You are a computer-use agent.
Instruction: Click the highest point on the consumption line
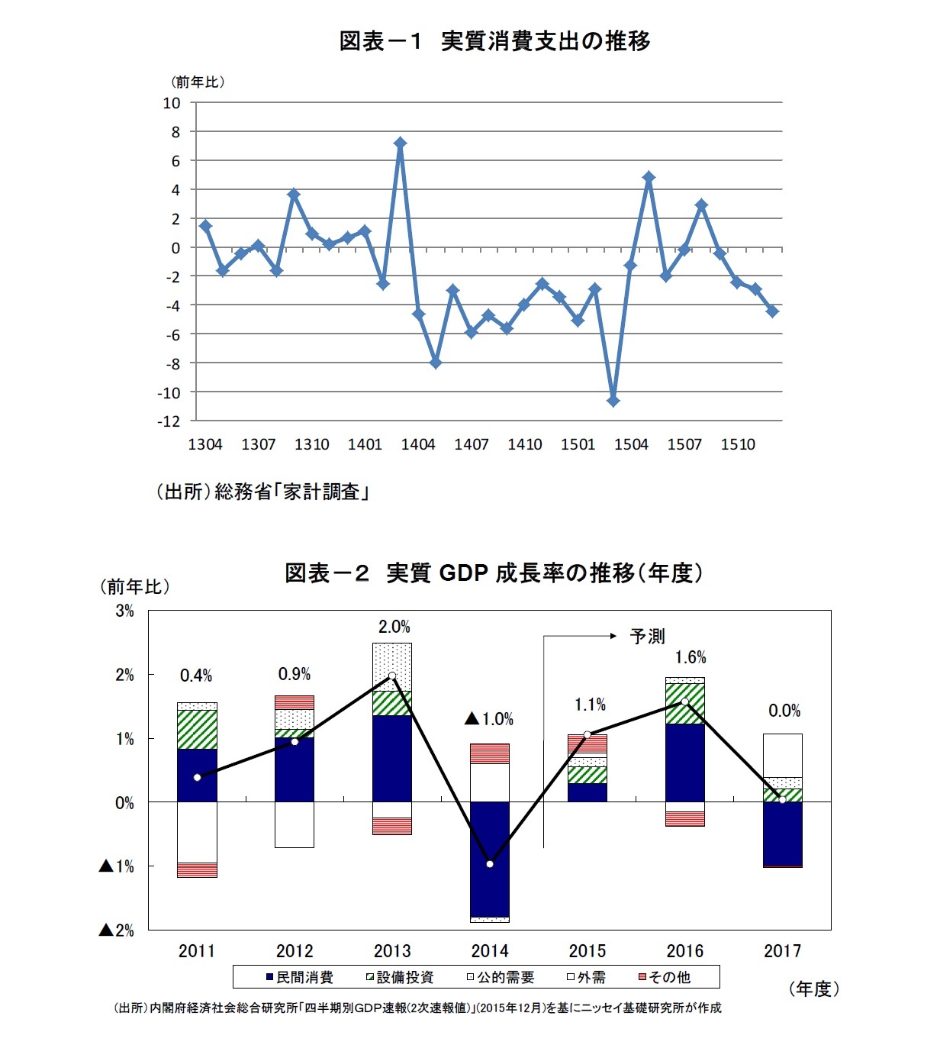coord(400,143)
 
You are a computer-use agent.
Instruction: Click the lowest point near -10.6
coord(613,401)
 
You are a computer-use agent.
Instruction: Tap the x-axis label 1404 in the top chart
coord(418,444)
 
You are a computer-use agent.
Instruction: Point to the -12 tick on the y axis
coord(169,421)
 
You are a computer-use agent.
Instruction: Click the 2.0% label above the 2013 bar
coord(394,627)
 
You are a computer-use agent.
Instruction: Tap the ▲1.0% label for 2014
coord(489,719)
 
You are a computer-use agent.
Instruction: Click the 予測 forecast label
coord(647,636)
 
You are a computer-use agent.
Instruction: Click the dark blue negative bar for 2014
coord(489,859)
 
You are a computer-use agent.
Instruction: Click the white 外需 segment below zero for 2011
coord(197,832)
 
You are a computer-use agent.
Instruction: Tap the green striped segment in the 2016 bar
coord(684,704)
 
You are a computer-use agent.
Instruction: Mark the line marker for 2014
coord(489,864)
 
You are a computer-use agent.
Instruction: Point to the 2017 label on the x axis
coord(782,951)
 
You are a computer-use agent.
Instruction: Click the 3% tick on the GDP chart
coord(124,611)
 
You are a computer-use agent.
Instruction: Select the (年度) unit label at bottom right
coord(813,989)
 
